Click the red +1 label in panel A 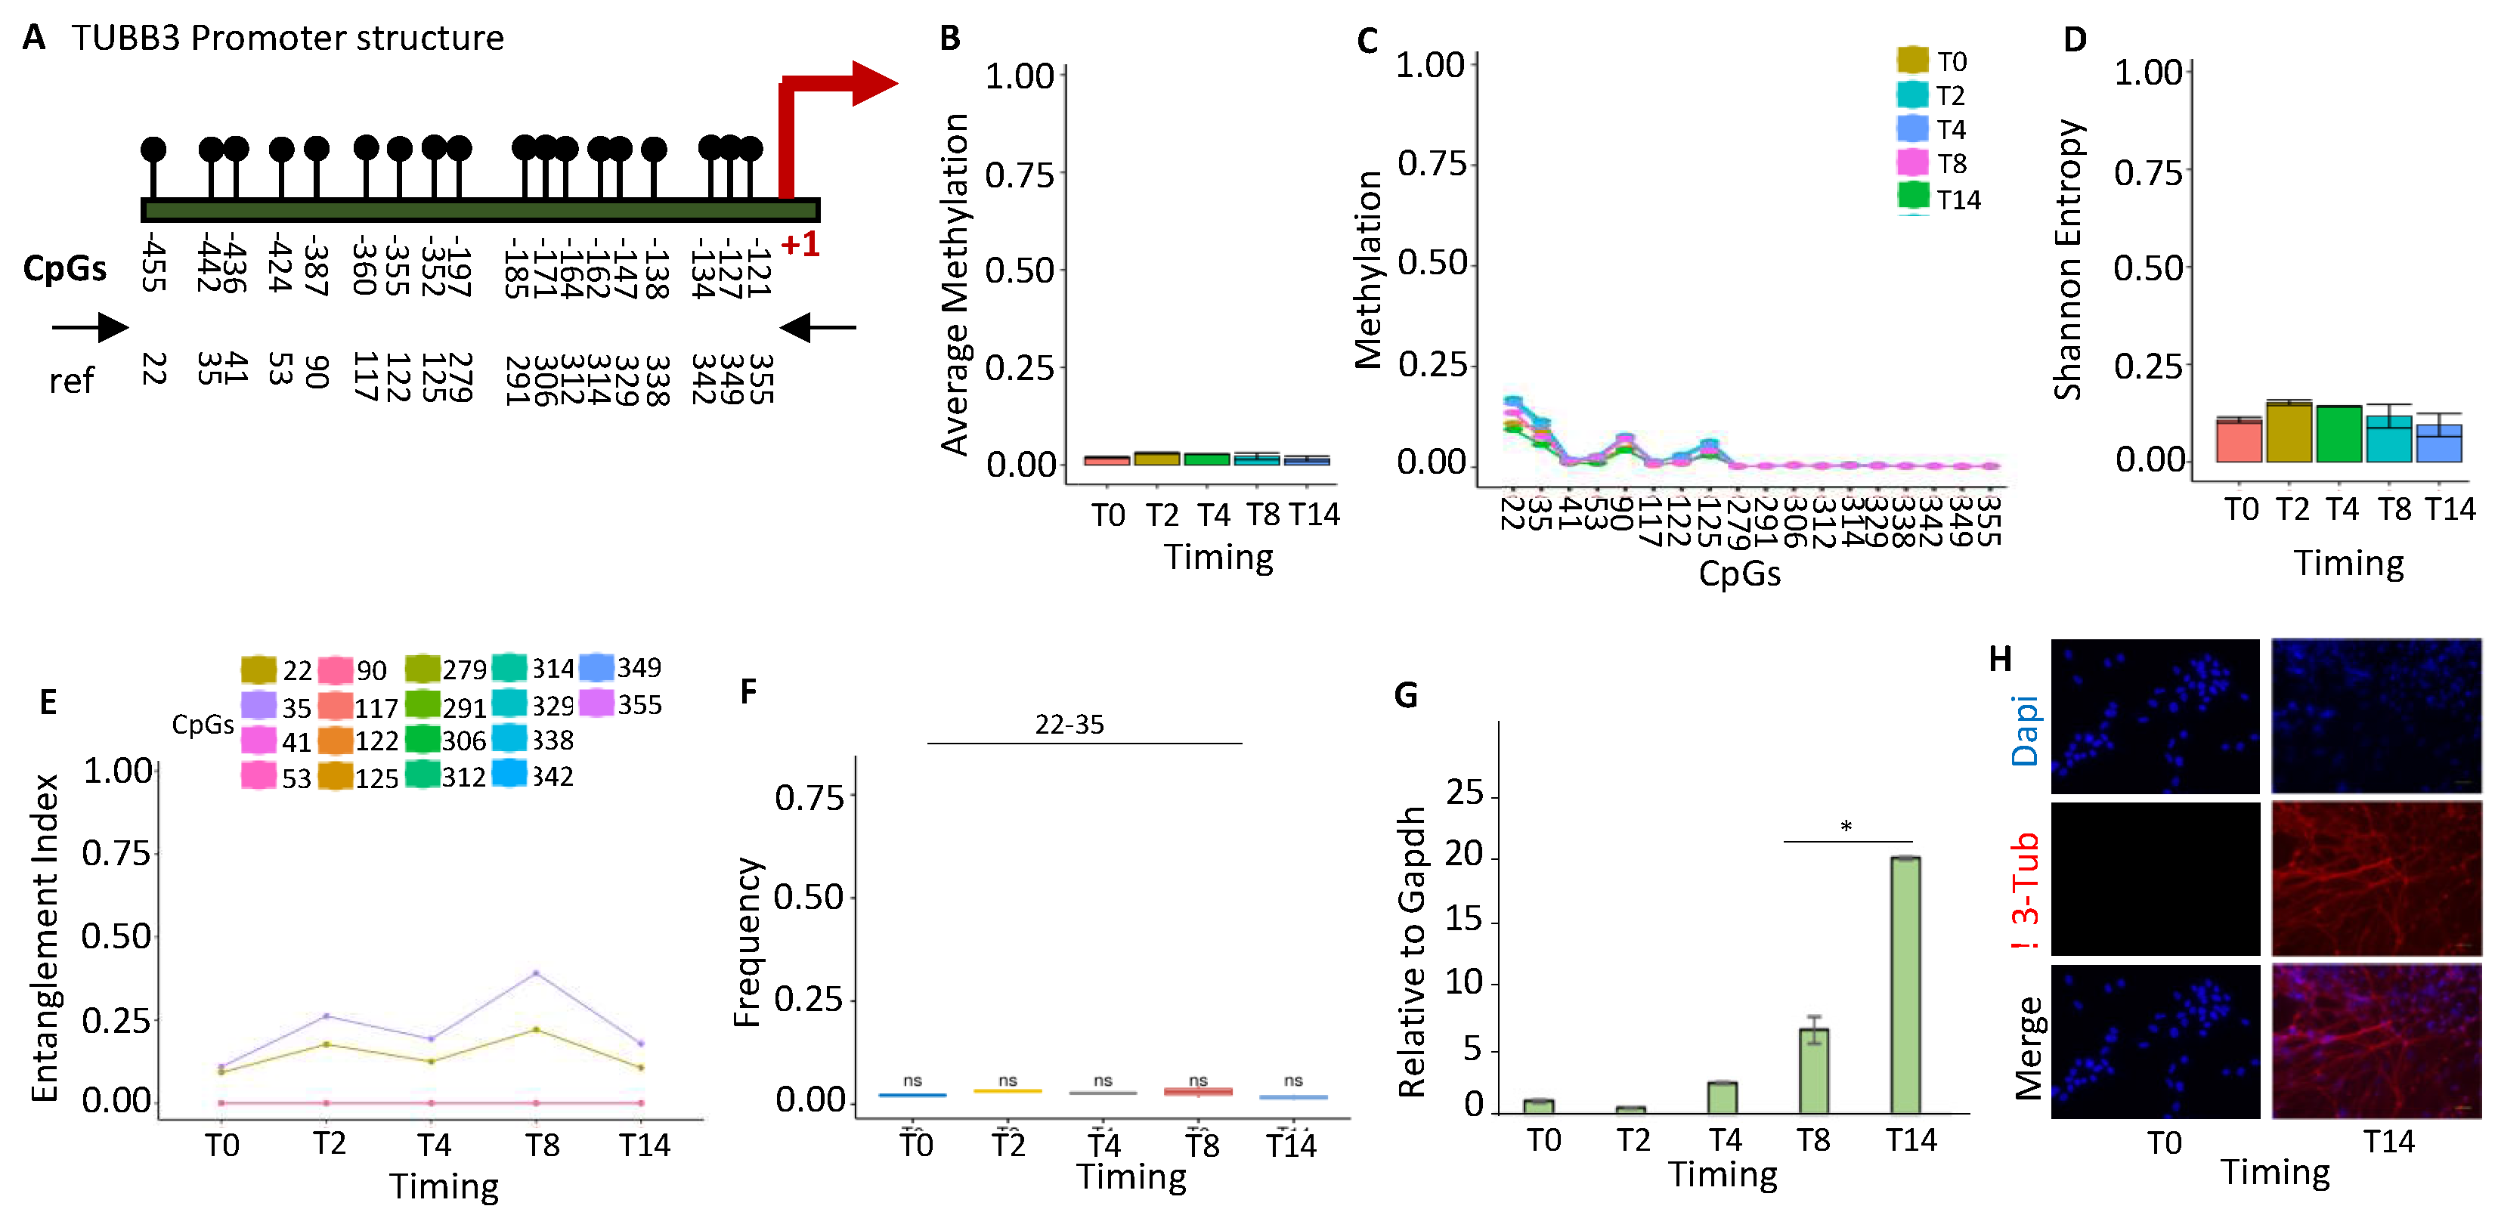click(x=800, y=244)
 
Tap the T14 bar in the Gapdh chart click(x=1905, y=984)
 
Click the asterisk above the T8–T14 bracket click(x=1846, y=826)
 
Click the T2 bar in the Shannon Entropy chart click(x=2289, y=432)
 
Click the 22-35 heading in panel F click(x=1069, y=724)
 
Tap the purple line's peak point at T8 click(x=536, y=972)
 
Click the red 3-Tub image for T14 click(x=2376, y=878)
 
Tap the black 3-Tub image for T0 click(x=2155, y=878)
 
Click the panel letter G click(x=1405, y=694)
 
